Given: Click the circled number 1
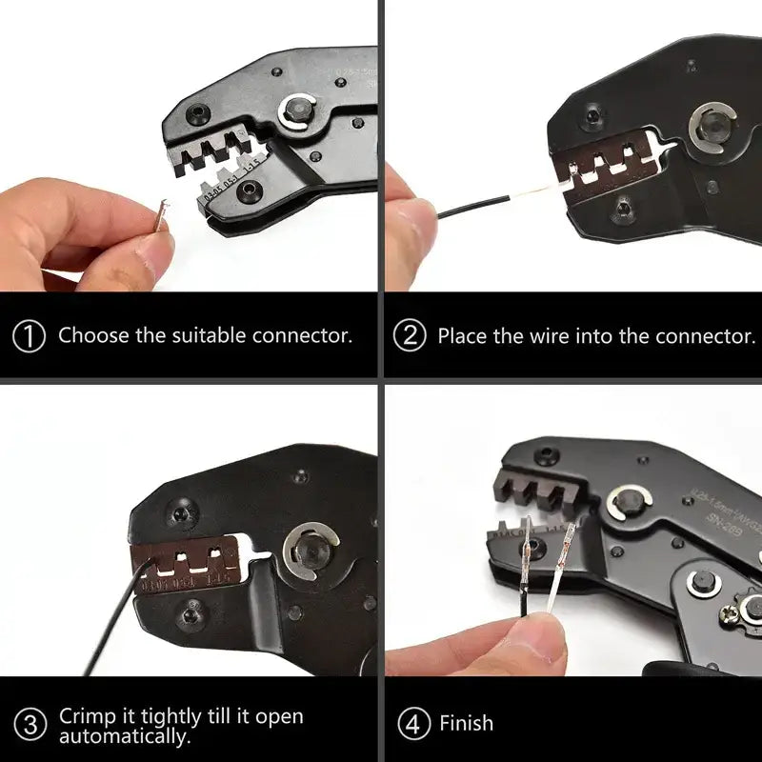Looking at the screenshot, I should (x=31, y=335).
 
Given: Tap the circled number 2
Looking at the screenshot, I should (x=411, y=335).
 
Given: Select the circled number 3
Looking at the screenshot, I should (x=31, y=724).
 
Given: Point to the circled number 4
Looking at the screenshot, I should (x=412, y=724).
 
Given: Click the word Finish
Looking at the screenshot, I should (x=466, y=724).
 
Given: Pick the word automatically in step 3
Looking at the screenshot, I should (x=124, y=735).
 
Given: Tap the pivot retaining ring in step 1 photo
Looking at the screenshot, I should (x=299, y=113).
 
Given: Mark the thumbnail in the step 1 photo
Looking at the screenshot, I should (x=152, y=250).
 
